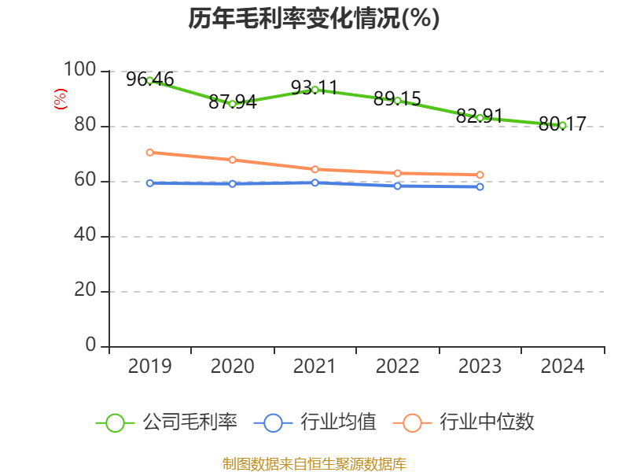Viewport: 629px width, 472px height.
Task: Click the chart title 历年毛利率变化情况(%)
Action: pos(314,19)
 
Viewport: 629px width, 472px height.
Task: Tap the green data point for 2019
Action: pos(150,80)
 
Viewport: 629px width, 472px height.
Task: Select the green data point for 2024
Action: pos(562,125)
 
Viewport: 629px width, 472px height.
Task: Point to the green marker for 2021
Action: pos(314,90)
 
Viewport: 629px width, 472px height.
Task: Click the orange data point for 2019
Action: pos(150,153)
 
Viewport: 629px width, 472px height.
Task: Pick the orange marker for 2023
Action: pos(480,175)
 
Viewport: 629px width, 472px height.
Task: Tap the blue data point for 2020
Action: pos(233,183)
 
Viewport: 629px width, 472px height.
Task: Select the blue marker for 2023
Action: pos(480,186)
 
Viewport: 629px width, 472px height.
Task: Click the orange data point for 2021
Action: pos(314,169)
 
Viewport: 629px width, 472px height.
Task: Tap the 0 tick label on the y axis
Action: pos(91,346)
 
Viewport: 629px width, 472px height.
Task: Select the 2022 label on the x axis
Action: pos(397,367)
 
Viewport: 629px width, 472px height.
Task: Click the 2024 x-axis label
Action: pos(562,367)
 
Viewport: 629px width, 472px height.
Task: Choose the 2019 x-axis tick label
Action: pos(149,367)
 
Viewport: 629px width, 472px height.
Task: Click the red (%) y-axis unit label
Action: pos(60,99)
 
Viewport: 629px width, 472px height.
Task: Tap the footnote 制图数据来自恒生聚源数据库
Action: pos(314,464)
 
